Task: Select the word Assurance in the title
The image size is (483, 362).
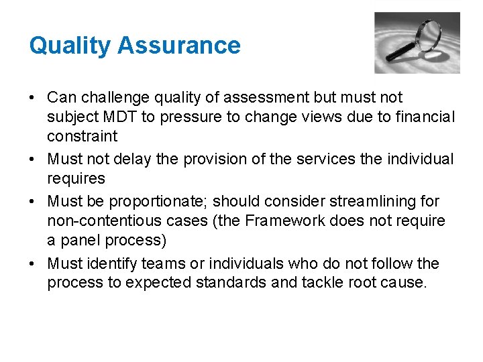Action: pos(178,46)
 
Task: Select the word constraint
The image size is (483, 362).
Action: pos(82,137)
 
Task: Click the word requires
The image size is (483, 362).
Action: pos(76,178)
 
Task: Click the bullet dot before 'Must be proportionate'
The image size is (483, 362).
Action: pos(33,201)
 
